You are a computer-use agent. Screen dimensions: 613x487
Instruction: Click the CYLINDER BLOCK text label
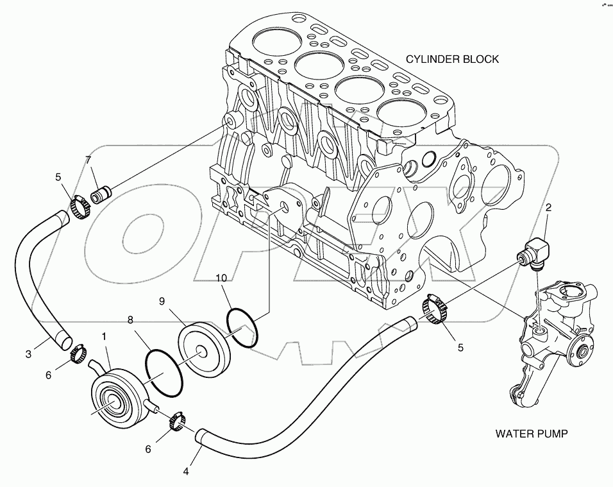click(x=452, y=59)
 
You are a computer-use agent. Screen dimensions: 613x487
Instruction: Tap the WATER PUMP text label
click(x=532, y=433)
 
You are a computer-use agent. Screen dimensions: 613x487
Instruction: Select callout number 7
click(x=88, y=160)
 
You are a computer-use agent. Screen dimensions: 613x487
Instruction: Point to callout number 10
click(x=221, y=278)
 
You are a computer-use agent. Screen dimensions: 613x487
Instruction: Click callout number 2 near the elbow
click(x=548, y=208)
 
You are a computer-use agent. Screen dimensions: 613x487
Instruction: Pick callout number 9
click(x=162, y=301)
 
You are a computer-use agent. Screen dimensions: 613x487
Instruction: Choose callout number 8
click(x=130, y=320)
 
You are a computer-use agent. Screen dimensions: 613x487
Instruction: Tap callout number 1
click(x=104, y=336)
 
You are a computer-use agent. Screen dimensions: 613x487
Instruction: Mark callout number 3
click(x=28, y=354)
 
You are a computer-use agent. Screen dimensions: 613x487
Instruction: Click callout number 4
click(x=186, y=472)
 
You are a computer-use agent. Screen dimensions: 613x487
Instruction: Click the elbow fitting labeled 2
click(x=533, y=254)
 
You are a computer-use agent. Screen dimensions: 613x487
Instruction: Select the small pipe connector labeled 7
click(x=101, y=194)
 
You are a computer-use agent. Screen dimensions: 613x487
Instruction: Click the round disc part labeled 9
click(x=205, y=349)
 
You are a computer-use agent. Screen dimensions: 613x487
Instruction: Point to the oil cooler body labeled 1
click(x=117, y=395)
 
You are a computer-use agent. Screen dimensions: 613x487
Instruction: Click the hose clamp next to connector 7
click(x=80, y=207)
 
